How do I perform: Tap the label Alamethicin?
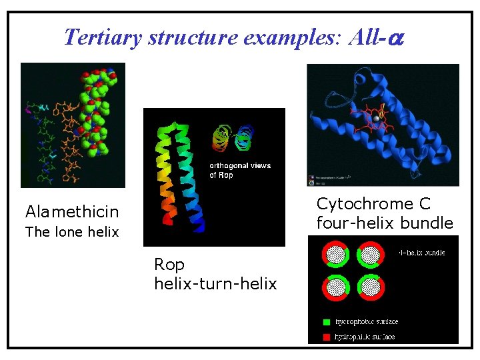[x=72, y=212]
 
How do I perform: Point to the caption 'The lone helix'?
[x=72, y=232]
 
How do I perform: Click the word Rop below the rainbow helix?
[x=169, y=265]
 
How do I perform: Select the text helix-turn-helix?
[x=215, y=283]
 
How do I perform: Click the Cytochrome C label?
[x=373, y=203]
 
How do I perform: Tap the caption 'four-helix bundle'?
[x=385, y=223]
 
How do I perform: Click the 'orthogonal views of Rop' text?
[x=240, y=170]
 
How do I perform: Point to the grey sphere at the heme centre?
[x=376, y=118]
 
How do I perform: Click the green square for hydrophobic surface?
[x=326, y=322]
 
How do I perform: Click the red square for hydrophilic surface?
[x=326, y=337]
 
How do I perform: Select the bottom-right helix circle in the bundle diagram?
[x=371, y=287]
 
